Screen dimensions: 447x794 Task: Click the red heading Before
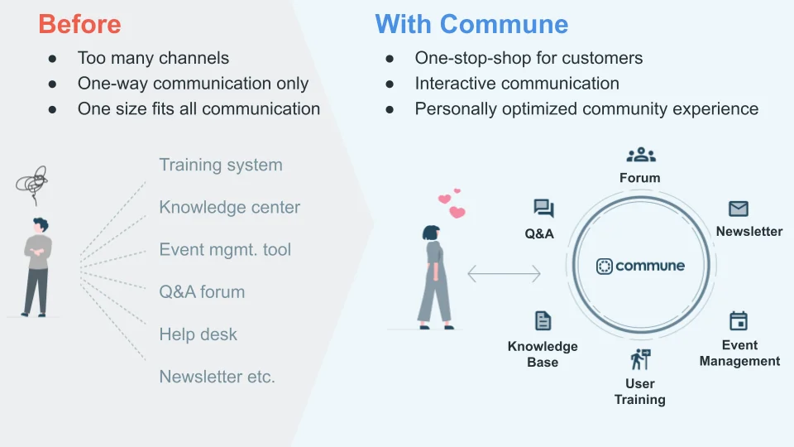(79, 24)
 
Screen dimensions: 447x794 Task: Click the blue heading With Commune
(471, 24)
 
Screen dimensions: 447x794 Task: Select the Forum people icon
(640, 155)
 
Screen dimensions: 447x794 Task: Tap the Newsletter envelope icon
(739, 209)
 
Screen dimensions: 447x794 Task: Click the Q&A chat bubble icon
(543, 209)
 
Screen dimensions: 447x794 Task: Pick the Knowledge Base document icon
(543, 321)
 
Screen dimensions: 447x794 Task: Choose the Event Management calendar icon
(739, 320)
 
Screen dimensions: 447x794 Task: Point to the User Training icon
(640, 359)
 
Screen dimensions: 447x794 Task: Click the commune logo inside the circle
(640, 266)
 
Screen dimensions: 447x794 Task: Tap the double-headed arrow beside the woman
(504, 273)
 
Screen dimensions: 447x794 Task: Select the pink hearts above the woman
(452, 204)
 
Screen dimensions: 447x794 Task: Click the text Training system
(221, 165)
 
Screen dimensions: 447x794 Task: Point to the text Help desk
(198, 334)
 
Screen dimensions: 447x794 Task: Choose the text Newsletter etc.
(217, 377)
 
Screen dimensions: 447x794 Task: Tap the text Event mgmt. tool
(225, 249)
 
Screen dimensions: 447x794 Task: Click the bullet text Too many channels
(153, 58)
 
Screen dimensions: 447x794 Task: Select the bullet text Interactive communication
(517, 84)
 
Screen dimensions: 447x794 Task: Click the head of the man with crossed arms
(39, 224)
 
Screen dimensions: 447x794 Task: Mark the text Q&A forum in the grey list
(202, 291)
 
